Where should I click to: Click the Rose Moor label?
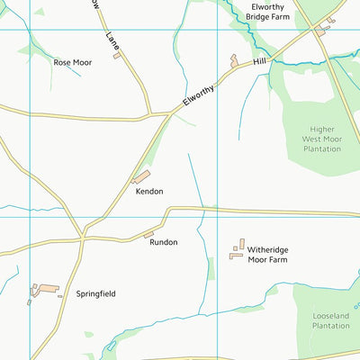tap(74, 62)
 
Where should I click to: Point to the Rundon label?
tap(164, 242)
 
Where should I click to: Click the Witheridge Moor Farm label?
tap(287, 253)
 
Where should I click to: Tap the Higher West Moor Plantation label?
tap(321, 139)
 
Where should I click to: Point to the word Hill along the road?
tap(260, 61)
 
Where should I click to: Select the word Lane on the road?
tap(112, 40)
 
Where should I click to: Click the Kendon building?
tap(141, 177)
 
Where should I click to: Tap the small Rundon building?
tap(148, 235)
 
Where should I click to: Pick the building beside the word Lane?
tap(117, 56)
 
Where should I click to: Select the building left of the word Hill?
tap(236, 61)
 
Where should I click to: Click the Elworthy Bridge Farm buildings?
tap(321, 31)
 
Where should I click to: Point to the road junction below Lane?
tap(149, 115)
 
